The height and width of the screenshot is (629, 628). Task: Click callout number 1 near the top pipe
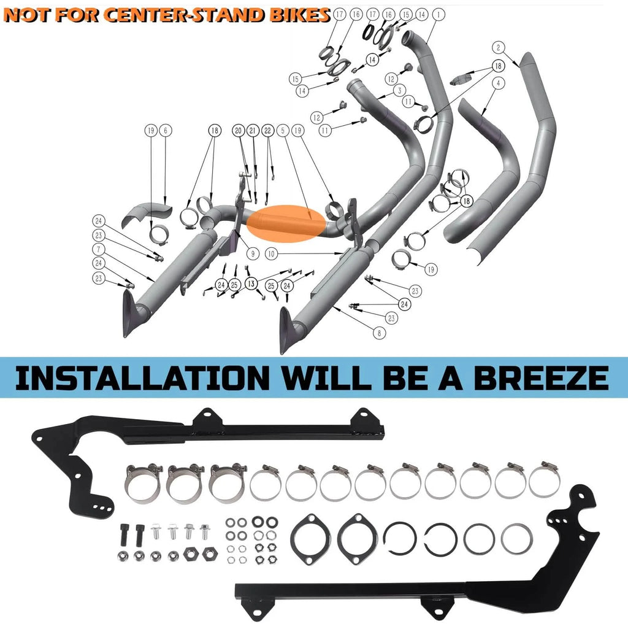438,15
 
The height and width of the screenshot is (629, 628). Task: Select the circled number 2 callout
499,48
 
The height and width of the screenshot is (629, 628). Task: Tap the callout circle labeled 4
499,83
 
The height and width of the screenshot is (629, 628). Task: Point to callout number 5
283,130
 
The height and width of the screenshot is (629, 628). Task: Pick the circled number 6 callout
166,130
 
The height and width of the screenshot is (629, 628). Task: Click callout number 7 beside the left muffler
99,249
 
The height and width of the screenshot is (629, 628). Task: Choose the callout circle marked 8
380,333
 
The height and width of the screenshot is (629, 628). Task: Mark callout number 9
253,253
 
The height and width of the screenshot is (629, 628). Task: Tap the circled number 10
272,253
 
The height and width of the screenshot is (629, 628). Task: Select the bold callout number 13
251,284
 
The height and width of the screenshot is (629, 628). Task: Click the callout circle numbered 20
239,130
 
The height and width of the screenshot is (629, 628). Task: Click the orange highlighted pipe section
286,224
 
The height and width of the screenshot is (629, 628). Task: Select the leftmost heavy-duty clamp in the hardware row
144,483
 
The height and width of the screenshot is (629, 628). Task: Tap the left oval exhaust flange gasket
311,539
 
